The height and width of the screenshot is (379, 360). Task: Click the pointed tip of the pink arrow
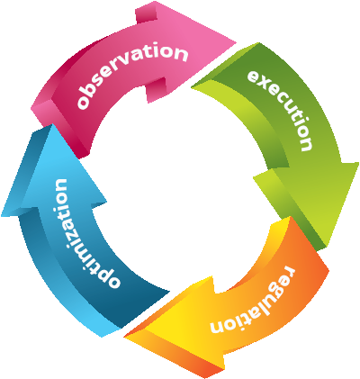tap(236, 41)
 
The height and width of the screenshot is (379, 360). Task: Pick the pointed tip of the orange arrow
tap(124, 337)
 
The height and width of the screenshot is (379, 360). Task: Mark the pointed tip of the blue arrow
tap(51, 124)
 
